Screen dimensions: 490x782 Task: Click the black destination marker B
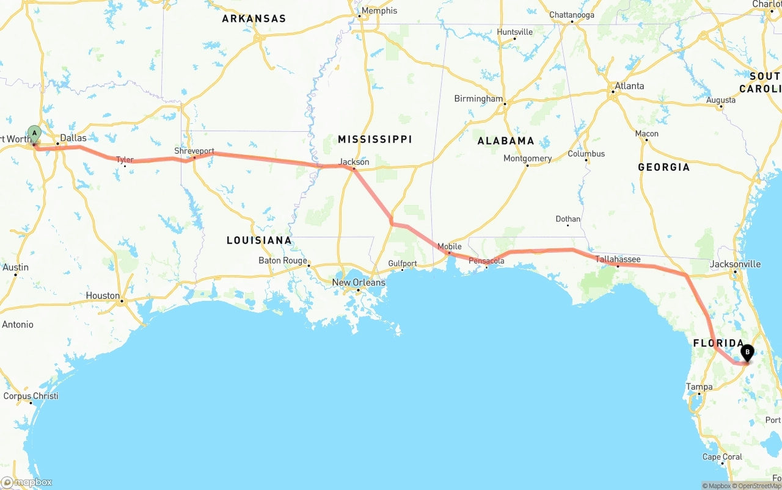tap(747, 352)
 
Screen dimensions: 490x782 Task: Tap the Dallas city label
tap(73, 138)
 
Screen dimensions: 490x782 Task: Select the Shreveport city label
tap(194, 151)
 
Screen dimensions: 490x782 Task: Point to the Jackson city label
tap(354, 162)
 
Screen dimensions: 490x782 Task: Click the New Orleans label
tap(359, 283)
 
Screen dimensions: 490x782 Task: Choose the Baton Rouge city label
tap(283, 261)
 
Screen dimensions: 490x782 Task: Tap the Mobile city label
tap(449, 247)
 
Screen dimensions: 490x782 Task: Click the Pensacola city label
tap(486, 261)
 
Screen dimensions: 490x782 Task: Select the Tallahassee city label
tap(618, 259)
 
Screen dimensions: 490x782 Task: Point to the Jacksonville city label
tap(735, 264)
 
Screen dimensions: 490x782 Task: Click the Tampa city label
tap(699, 387)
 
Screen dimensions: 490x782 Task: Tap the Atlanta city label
tap(629, 86)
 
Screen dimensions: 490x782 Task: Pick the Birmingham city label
tap(478, 99)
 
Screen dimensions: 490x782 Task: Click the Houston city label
tap(103, 295)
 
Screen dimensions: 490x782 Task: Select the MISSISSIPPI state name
tap(375, 139)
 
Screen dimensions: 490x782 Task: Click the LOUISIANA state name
tap(259, 240)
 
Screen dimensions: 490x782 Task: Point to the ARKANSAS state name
tap(254, 19)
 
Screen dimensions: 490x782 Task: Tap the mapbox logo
tap(27, 482)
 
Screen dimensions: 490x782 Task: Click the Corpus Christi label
tap(31, 396)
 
